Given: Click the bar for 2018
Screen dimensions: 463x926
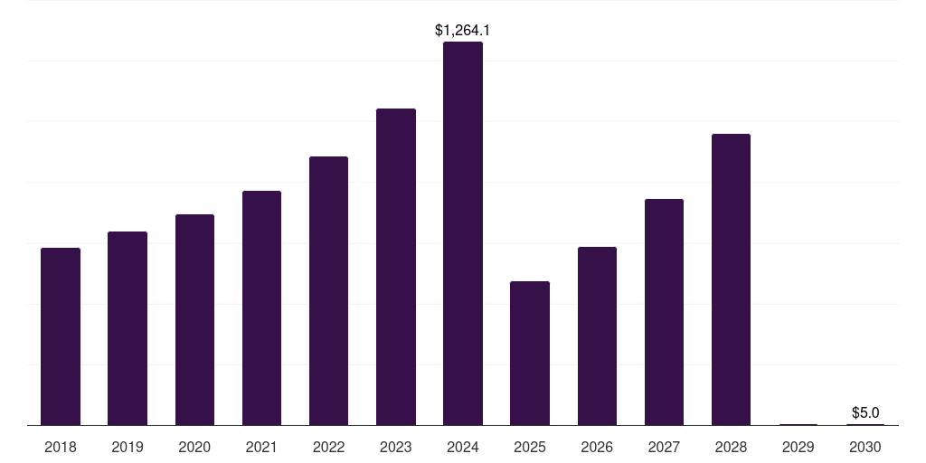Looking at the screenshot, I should coord(61,336).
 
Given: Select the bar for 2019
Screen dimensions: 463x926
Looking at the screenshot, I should coord(128,328).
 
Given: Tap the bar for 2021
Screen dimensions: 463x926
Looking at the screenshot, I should coord(261,307).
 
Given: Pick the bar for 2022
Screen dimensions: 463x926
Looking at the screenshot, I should coord(328,290).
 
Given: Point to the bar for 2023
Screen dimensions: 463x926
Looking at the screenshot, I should coord(396,267).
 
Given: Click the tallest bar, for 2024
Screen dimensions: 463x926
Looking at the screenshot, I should coord(463,233).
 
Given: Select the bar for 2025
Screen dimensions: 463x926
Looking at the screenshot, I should coord(530,353).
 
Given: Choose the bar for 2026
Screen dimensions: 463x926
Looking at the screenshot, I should coord(597,335).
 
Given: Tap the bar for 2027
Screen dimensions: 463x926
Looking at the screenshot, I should coord(664,312).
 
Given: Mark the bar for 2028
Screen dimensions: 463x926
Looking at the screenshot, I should coord(731,279).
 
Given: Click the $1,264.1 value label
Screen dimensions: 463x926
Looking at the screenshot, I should coord(463,31).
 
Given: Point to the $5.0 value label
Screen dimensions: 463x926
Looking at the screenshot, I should coord(865,413).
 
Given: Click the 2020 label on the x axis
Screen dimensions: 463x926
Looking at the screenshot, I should coord(194,448).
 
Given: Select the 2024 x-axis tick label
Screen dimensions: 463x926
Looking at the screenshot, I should coord(463,448).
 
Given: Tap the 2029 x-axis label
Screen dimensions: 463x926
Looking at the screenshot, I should coord(798,448).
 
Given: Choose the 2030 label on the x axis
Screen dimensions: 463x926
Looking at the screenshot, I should coord(865,448).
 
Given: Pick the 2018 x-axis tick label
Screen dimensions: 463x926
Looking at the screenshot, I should coord(61,448).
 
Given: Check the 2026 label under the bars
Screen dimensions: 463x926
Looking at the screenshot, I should coord(597,448).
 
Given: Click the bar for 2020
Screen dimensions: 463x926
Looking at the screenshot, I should coord(194,319).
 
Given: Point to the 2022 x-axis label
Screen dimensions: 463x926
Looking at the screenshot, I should coord(328,448).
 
